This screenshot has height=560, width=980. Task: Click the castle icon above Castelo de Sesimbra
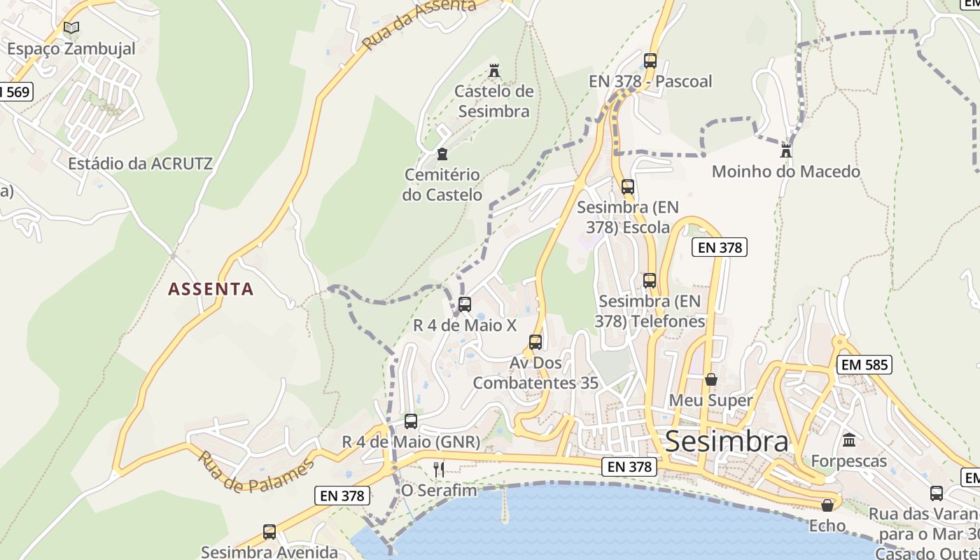(495, 70)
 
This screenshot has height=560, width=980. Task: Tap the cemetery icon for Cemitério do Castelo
(442, 153)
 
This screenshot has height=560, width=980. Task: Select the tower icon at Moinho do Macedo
(786, 150)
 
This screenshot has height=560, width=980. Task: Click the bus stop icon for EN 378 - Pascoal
(650, 61)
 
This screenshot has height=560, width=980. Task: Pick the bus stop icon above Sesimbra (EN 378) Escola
(628, 187)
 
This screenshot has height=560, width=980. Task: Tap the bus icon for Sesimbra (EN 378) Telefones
(650, 281)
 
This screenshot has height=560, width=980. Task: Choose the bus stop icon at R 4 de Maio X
(465, 304)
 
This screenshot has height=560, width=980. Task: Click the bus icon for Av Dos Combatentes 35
(535, 342)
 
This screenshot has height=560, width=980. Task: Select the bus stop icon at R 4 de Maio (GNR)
(411, 421)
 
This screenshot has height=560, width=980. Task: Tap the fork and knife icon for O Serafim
(439, 469)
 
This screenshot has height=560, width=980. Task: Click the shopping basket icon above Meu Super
(711, 379)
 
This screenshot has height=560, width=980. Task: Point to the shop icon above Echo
(827, 505)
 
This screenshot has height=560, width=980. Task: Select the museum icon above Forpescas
(849, 440)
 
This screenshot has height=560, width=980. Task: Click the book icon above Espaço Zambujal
(71, 28)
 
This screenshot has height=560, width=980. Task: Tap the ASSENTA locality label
(211, 289)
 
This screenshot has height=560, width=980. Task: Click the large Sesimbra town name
(727, 441)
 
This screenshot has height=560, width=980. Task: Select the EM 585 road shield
(864, 364)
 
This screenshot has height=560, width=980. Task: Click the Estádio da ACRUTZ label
(140, 164)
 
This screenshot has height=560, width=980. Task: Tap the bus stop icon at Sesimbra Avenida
(269, 531)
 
